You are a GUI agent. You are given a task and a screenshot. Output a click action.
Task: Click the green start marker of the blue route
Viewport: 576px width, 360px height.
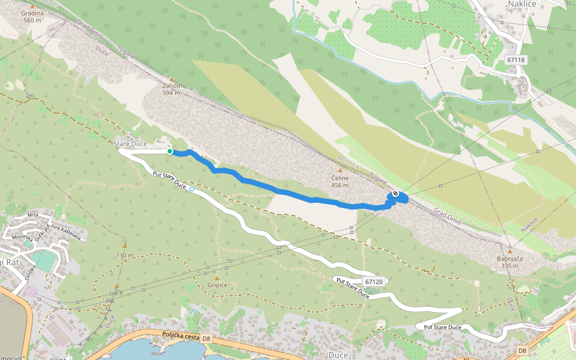(x=170, y=152)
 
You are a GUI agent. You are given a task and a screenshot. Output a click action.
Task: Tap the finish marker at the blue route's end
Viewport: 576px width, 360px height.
(x=395, y=194)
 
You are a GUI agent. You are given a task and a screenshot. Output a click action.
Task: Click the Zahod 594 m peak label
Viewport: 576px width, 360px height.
(x=171, y=89)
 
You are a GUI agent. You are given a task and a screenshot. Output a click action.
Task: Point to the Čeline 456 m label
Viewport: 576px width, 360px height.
(x=340, y=181)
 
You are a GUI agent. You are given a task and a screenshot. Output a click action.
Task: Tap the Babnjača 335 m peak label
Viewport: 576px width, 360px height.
(x=510, y=262)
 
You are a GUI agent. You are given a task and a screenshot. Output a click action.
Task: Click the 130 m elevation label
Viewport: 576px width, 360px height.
(x=125, y=255)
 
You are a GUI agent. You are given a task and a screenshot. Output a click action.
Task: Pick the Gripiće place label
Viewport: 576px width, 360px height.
(x=217, y=284)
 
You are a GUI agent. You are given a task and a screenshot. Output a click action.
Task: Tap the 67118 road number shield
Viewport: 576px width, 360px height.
(x=515, y=60)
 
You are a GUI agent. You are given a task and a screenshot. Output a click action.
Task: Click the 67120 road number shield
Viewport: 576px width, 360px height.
(x=373, y=281)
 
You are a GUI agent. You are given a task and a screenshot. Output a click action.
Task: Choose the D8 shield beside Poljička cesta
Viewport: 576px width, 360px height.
(x=206, y=339)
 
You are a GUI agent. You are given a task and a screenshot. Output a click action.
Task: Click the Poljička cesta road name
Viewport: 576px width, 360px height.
(x=181, y=336)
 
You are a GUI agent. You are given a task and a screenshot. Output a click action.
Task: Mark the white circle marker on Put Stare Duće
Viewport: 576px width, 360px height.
(x=191, y=189)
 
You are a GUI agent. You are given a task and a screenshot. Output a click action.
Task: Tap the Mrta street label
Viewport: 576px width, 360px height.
(x=32, y=215)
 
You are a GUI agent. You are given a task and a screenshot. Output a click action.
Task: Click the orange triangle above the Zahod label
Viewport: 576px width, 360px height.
(x=171, y=79)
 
